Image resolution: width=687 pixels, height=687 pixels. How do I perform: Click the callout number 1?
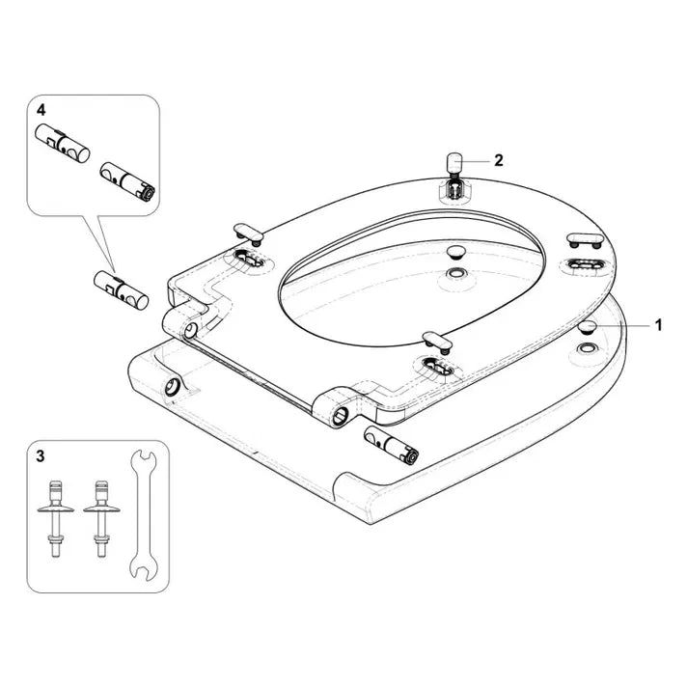pos(658,325)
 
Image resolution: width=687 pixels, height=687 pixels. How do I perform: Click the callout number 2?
pos(499,161)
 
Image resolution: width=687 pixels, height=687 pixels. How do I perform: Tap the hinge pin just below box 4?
pos(117,289)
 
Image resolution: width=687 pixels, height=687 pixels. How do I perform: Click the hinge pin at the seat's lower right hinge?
pos(391,442)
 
